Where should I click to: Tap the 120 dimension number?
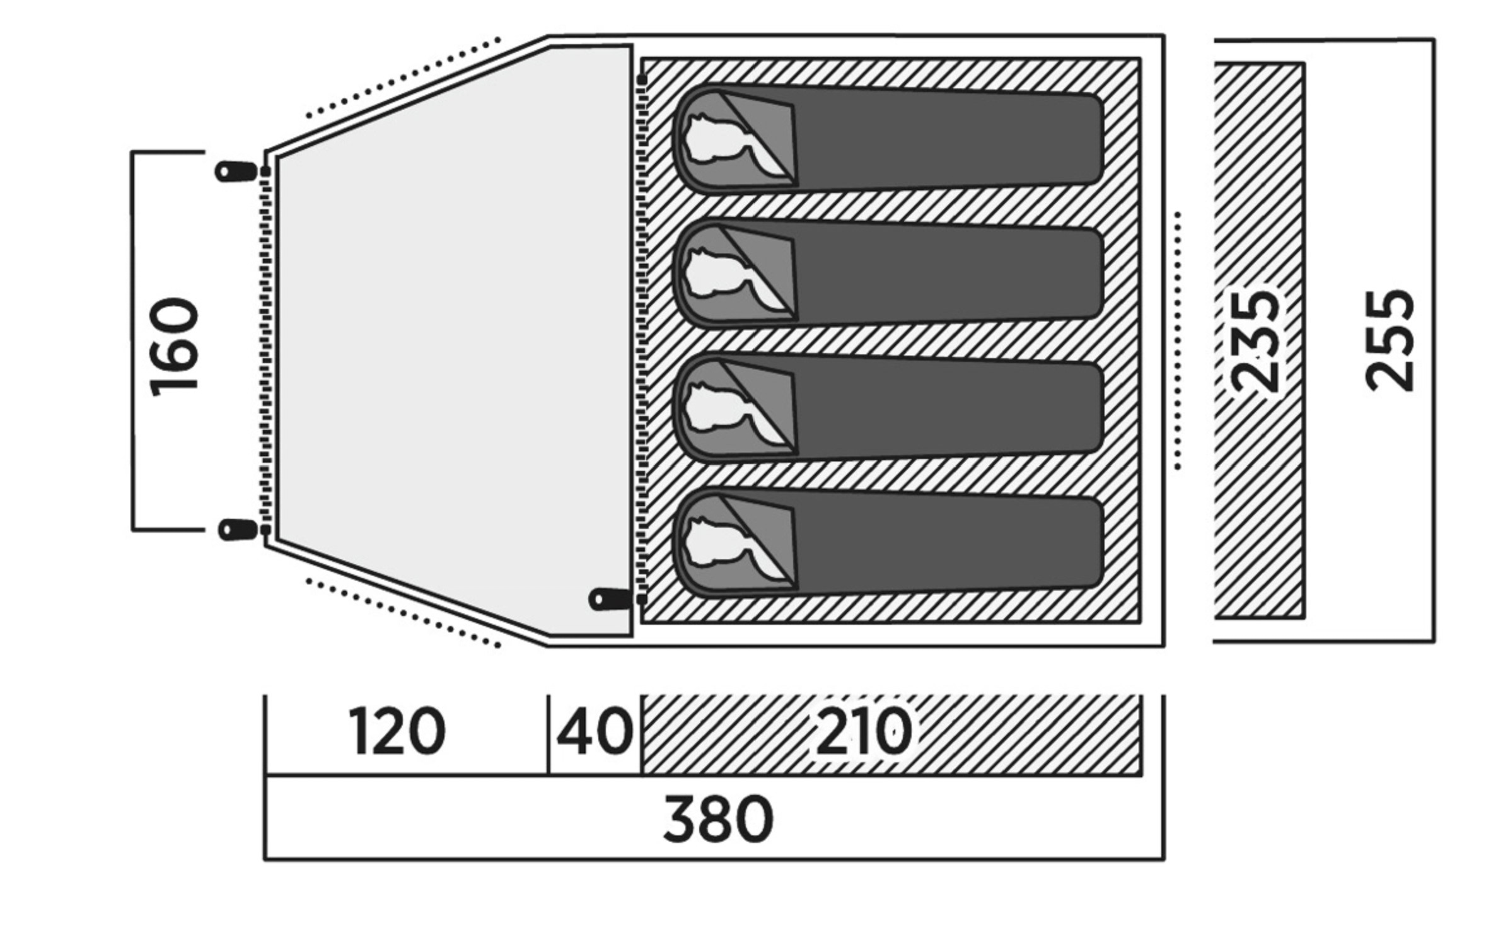point(397,731)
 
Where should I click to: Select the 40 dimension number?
point(595,731)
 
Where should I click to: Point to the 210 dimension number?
point(864,731)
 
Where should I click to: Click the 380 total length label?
point(718,819)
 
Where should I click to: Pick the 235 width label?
point(1255,341)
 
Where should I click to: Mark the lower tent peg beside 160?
point(238,530)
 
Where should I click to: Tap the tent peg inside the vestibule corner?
point(610,599)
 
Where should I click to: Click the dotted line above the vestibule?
point(403,78)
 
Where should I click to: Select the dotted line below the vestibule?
point(403,613)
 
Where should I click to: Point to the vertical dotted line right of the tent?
point(1177,340)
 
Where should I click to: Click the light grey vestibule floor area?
point(454,340)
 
